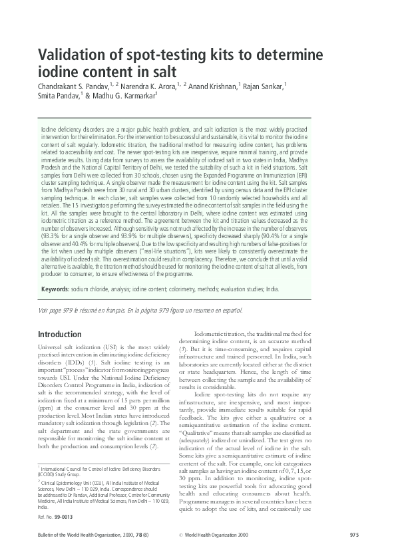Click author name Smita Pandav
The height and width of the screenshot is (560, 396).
[x=58, y=96]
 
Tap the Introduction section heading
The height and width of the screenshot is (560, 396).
[x=59, y=334]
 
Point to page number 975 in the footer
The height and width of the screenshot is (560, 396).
[x=354, y=536]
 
